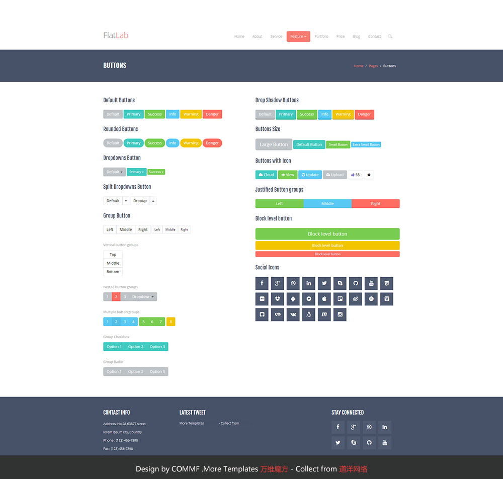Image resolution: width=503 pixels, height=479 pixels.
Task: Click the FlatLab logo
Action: click(x=116, y=35)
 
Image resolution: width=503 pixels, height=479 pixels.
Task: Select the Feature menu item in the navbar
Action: click(x=298, y=36)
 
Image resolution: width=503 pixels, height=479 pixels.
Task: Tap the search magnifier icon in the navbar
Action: click(x=390, y=36)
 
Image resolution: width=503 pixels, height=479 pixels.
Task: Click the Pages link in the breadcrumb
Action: click(x=373, y=66)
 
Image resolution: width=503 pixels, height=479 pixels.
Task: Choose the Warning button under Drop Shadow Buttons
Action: click(x=343, y=114)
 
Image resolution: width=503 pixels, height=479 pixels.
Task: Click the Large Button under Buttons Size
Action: click(x=274, y=144)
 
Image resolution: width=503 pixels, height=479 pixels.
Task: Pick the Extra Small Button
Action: click(x=366, y=144)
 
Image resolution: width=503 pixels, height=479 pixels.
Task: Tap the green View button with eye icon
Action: click(x=288, y=175)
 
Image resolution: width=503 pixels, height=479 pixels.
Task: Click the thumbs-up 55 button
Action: click(x=355, y=175)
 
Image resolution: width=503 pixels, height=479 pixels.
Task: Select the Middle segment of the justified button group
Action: click(x=327, y=204)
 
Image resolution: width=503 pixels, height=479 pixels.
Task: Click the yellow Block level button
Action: click(x=327, y=246)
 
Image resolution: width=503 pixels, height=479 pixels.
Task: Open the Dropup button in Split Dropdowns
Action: click(x=140, y=201)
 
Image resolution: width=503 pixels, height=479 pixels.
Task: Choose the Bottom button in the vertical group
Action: click(x=113, y=272)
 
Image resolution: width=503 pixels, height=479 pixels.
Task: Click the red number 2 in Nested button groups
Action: click(x=116, y=297)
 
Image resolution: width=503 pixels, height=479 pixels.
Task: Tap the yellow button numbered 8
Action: click(x=171, y=322)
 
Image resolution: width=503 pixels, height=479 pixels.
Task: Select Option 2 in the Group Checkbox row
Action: click(x=135, y=347)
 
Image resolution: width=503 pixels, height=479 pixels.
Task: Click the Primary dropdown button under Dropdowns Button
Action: click(x=136, y=172)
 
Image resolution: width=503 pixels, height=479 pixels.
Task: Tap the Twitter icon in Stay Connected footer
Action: click(x=338, y=443)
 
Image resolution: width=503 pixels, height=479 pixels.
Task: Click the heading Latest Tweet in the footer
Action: click(x=192, y=413)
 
